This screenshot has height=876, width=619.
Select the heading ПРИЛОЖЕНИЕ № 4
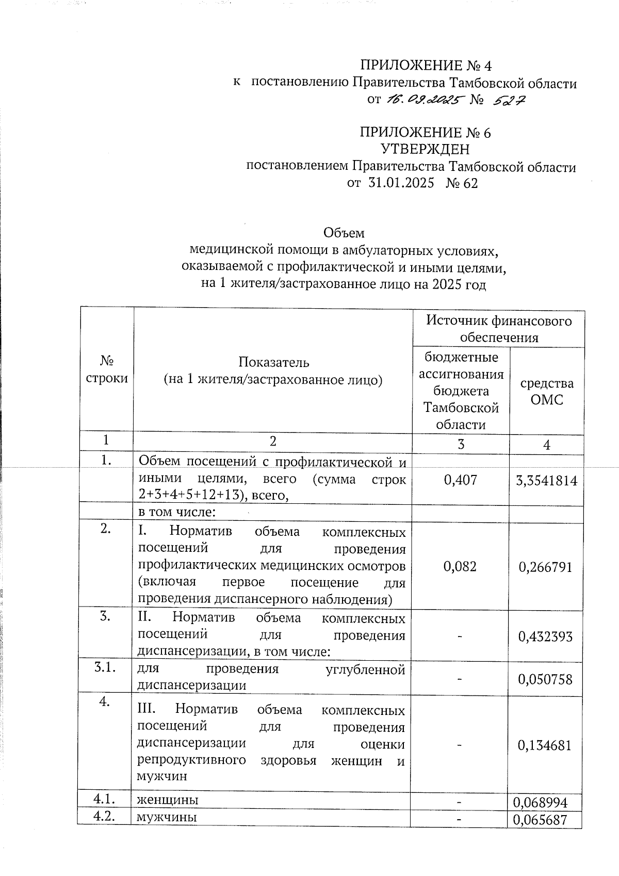coord(426,66)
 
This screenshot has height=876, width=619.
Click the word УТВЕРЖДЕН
coord(425,150)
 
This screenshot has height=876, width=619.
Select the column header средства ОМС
coord(546,391)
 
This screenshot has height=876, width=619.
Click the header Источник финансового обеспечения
coord(498,329)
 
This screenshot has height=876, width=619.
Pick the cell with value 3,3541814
coord(546,481)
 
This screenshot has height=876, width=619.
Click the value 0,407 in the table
coord(460,480)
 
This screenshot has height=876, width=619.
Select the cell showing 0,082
coord(460,566)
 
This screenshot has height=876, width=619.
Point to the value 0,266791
coord(546,567)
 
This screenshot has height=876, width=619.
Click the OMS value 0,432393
coord(546,636)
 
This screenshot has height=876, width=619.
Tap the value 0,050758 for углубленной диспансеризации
coord(546,679)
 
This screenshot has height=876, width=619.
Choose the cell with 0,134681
coord(546,745)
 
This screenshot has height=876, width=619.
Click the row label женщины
coord(167,800)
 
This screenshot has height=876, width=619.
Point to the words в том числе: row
coord(176,513)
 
